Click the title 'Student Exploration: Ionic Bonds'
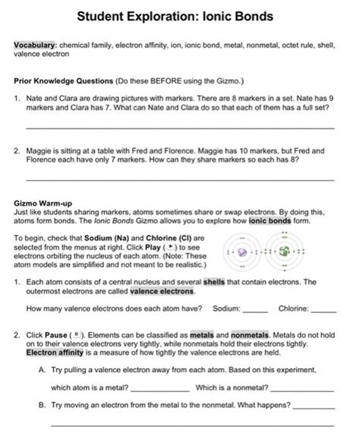point(180,16)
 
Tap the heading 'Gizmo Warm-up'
point(43,203)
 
